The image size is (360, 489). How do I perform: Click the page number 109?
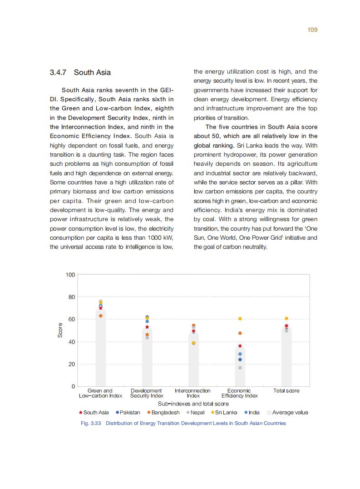click(x=312, y=30)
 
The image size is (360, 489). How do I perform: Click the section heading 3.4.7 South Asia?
click(x=80, y=73)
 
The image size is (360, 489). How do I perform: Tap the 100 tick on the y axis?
click(x=70, y=275)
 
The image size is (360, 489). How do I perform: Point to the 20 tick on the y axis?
click(x=72, y=364)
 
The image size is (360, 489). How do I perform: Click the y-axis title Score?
click(x=60, y=330)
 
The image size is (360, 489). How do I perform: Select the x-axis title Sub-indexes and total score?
click(x=193, y=404)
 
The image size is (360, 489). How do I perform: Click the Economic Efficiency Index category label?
click(x=239, y=393)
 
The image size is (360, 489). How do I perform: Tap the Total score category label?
click(x=286, y=390)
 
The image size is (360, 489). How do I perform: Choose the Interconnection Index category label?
click(x=192, y=393)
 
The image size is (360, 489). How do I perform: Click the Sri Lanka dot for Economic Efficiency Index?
click(x=240, y=319)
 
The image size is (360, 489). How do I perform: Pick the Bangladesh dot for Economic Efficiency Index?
click(x=240, y=333)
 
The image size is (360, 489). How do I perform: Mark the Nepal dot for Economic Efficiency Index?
click(x=240, y=368)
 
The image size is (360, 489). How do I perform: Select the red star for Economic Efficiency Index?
click(x=240, y=346)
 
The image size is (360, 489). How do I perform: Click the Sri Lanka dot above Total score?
click(x=286, y=319)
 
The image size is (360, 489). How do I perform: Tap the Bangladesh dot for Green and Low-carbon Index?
click(x=101, y=316)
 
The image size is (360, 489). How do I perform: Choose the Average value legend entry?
click(x=287, y=413)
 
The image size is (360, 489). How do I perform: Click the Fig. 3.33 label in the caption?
click(x=91, y=423)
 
